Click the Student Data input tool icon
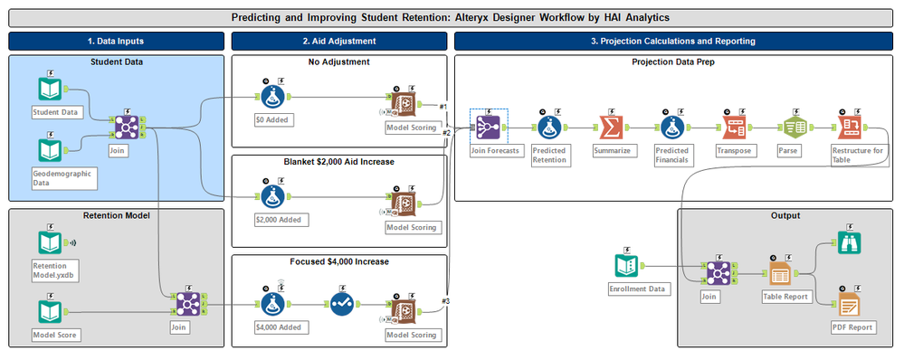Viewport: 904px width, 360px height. click(x=50, y=89)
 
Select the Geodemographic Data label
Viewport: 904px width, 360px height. click(x=64, y=178)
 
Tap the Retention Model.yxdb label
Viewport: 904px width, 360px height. click(x=56, y=270)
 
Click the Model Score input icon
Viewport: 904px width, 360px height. click(x=50, y=312)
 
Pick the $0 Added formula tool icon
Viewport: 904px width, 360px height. click(x=274, y=98)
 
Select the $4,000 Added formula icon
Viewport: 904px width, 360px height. click(x=274, y=305)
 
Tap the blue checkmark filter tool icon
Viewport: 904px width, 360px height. click(x=343, y=305)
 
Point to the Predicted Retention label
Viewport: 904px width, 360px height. click(x=550, y=156)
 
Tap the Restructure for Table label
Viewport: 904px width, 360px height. click(x=857, y=156)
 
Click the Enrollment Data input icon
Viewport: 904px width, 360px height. click(x=627, y=266)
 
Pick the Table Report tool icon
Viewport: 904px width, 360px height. click(x=781, y=273)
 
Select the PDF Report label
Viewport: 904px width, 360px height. click(x=849, y=327)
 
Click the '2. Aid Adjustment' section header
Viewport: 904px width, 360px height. click(x=339, y=41)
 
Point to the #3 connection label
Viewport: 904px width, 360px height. click(x=444, y=301)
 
